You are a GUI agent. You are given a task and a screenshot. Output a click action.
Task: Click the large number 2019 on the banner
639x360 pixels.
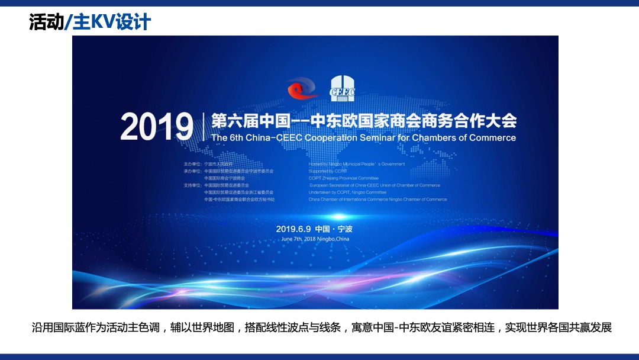pyautogui.click(x=157, y=127)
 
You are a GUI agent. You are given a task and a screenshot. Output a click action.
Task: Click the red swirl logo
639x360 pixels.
pyautogui.click(x=302, y=89)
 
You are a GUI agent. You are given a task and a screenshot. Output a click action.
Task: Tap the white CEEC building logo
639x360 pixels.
pyautogui.click(x=343, y=88)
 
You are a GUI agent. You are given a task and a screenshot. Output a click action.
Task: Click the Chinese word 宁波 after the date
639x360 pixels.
pyautogui.click(x=353, y=229)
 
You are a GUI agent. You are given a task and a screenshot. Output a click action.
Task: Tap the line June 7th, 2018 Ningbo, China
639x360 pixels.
pyautogui.click(x=315, y=239)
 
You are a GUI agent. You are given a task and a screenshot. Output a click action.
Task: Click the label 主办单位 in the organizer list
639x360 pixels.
pyautogui.click(x=192, y=164)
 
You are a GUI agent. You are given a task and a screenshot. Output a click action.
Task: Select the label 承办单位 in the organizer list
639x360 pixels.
pyautogui.click(x=192, y=171)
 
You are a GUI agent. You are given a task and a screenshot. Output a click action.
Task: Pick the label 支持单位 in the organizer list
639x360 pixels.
pyautogui.click(x=192, y=185)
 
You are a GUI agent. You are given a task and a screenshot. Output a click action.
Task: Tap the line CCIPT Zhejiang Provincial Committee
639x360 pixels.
pyautogui.click(x=343, y=178)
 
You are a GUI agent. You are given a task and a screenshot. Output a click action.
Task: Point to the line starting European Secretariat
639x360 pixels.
pyautogui.click(x=375, y=185)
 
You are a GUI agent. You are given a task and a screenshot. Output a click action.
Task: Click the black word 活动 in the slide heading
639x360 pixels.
pyautogui.click(x=46, y=22)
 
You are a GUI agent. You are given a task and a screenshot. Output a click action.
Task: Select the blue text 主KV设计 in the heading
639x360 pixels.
pyautogui.click(x=111, y=22)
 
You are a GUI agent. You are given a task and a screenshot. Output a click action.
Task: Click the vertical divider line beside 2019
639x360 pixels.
pyautogui.click(x=203, y=127)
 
